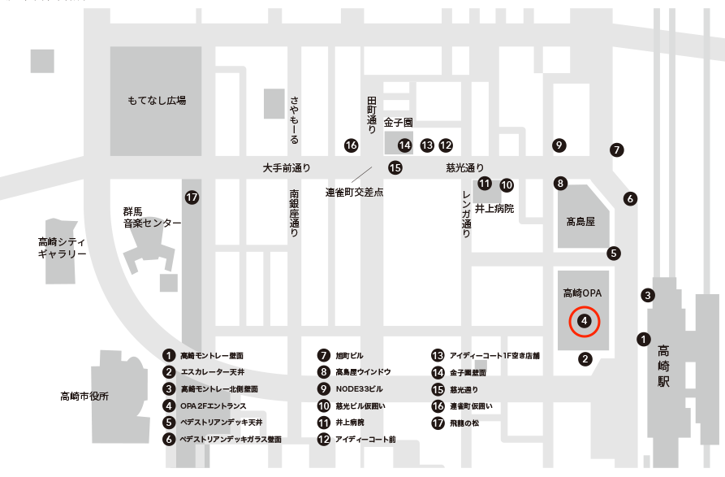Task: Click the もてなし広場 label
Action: (157, 101)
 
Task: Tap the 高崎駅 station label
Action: (665, 365)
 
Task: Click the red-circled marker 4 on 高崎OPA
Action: (584, 321)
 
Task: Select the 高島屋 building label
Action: (580, 221)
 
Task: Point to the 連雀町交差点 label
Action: (354, 193)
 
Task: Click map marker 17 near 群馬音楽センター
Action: (192, 197)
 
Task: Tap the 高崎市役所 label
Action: (84, 397)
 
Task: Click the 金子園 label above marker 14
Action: (399, 122)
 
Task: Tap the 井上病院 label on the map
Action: (494, 208)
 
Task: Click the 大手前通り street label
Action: (287, 168)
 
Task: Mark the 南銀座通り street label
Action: (294, 213)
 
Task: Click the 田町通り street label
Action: (372, 114)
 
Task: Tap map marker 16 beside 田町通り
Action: (351, 145)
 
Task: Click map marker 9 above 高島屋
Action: (559, 145)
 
